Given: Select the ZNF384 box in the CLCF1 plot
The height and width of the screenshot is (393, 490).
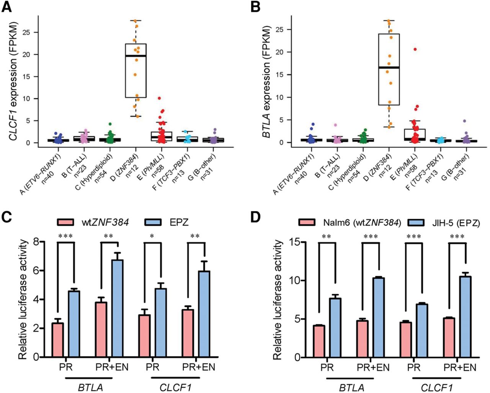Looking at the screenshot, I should (x=136, y=71).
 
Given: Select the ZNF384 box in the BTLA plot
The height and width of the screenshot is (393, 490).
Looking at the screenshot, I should (x=389, y=69).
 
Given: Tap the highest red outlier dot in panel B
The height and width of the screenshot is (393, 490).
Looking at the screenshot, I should (x=415, y=49).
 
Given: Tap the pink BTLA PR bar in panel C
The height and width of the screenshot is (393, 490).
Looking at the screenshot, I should (x=58, y=340).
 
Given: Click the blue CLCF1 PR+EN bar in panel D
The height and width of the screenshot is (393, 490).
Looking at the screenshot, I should (x=465, y=317).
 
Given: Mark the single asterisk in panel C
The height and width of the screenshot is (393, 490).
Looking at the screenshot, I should (x=152, y=237).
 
